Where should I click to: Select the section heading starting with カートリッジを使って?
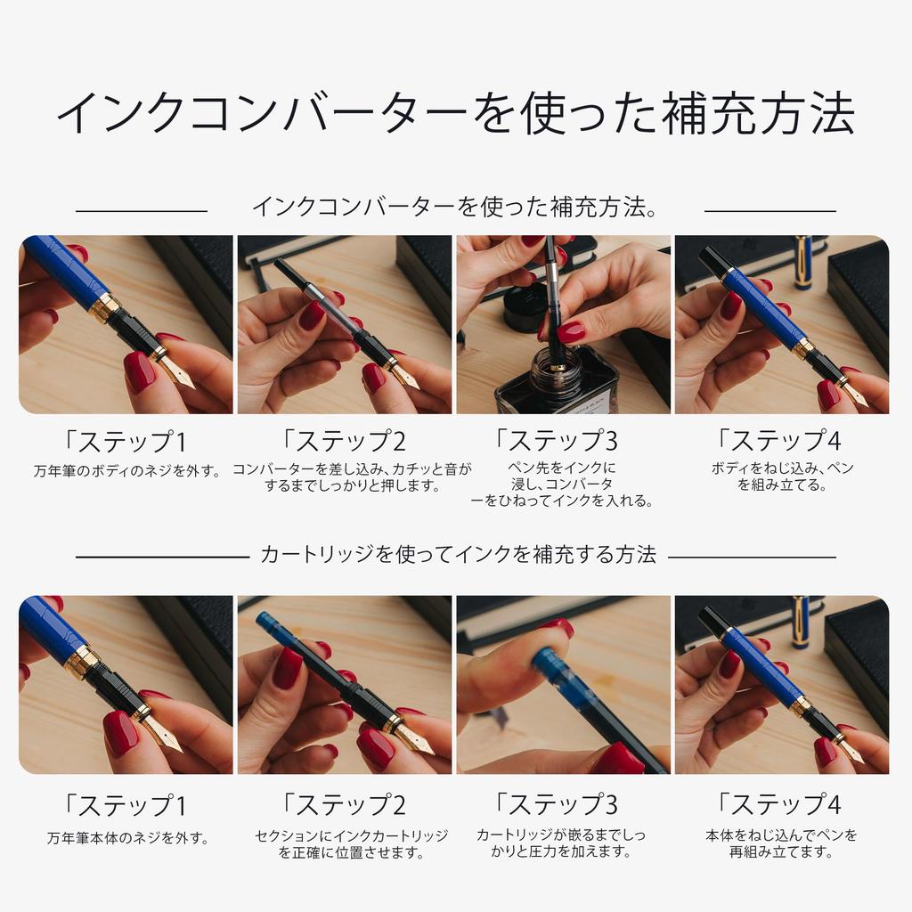tap(458, 555)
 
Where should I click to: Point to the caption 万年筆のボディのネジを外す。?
tap(127, 471)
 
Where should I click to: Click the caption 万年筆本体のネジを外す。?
tap(127, 838)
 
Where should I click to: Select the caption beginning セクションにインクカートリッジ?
tap(351, 844)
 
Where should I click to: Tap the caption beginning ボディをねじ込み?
tap(782, 476)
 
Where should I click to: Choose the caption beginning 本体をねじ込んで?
tap(781, 844)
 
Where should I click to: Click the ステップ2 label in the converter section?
tap(344, 441)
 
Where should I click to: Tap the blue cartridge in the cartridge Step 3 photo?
tap(561, 672)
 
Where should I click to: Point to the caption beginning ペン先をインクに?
tap(562, 484)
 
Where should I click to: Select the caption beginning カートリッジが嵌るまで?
tap(561, 844)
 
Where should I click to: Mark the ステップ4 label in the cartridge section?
tap(780, 805)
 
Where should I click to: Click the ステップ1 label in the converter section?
tap(126, 441)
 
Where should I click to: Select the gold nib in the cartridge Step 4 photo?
tap(851, 750)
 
